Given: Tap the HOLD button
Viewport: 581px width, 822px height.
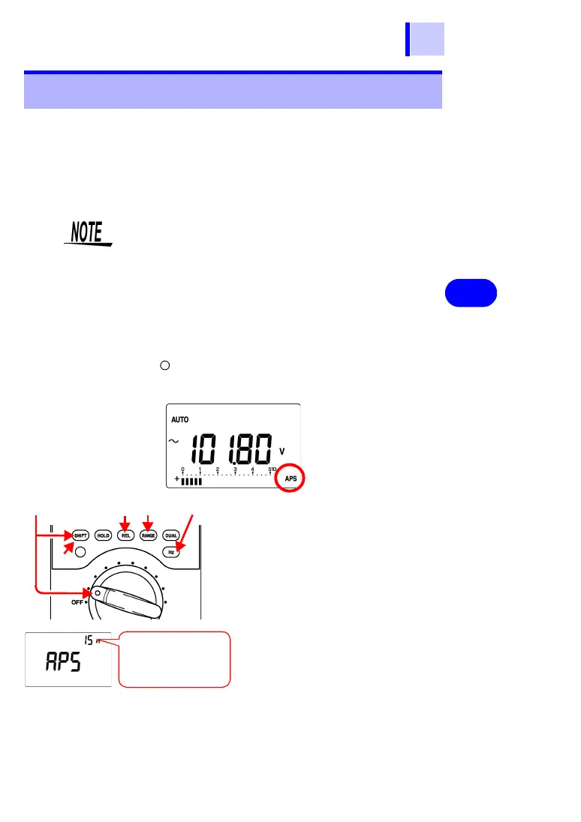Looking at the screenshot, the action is pyautogui.click(x=103, y=535).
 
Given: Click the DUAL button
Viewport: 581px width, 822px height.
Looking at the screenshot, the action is pyautogui.click(x=171, y=535).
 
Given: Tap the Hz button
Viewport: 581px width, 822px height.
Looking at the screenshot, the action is pyautogui.click(x=171, y=551).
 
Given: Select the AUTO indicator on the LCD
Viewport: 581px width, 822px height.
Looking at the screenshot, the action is pyautogui.click(x=180, y=420).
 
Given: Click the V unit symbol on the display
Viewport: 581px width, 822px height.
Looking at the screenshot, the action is pyautogui.click(x=282, y=451).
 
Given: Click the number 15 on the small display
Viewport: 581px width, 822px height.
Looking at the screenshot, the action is pyautogui.click(x=88, y=640).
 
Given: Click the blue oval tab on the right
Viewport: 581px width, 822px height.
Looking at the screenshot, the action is pyautogui.click(x=470, y=292).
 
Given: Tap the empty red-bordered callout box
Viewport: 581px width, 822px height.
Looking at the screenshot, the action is pyautogui.click(x=173, y=659).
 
